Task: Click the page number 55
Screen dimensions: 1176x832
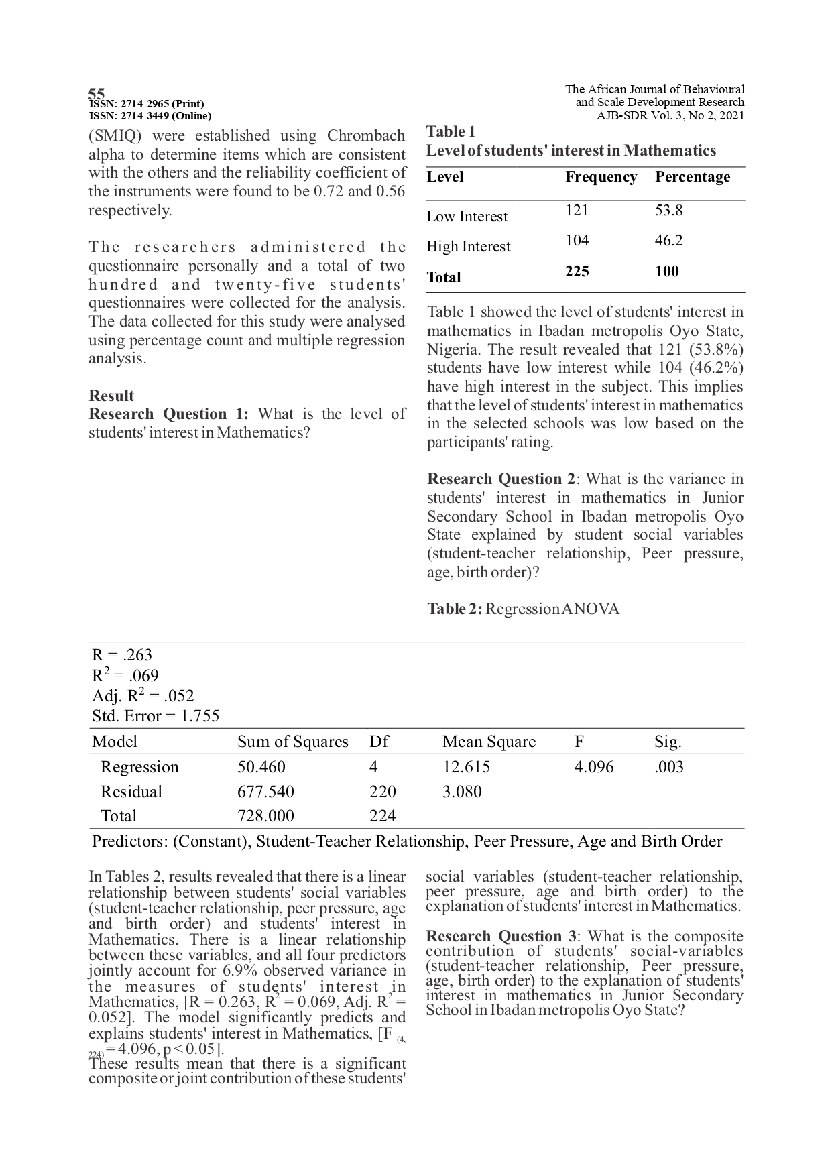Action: tap(97, 93)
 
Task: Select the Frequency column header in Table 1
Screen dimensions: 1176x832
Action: tap(601, 177)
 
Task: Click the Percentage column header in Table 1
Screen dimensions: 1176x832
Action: tap(692, 177)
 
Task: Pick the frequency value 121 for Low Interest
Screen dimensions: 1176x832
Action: tap(577, 211)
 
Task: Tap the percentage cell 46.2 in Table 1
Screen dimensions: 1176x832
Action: tap(668, 241)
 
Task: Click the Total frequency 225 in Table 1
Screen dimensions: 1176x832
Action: tap(577, 271)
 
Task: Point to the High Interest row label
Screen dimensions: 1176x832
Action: tap(468, 247)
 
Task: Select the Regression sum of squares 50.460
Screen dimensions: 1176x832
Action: tap(261, 767)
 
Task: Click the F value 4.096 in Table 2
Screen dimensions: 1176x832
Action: tap(593, 767)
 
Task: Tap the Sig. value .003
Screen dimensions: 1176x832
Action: tap(668, 767)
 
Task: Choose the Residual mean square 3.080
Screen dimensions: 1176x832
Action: tap(462, 792)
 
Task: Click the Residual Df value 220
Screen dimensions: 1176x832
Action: tap(382, 792)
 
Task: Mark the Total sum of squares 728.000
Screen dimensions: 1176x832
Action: tap(265, 816)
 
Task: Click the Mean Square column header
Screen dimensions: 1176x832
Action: tap(489, 742)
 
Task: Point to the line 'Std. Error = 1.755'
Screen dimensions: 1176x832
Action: tap(156, 716)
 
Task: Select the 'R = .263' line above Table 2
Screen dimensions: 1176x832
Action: tap(122, 655)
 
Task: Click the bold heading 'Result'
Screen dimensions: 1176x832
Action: tap(111, 396)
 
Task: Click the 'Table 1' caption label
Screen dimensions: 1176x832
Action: tap(451, 131)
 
